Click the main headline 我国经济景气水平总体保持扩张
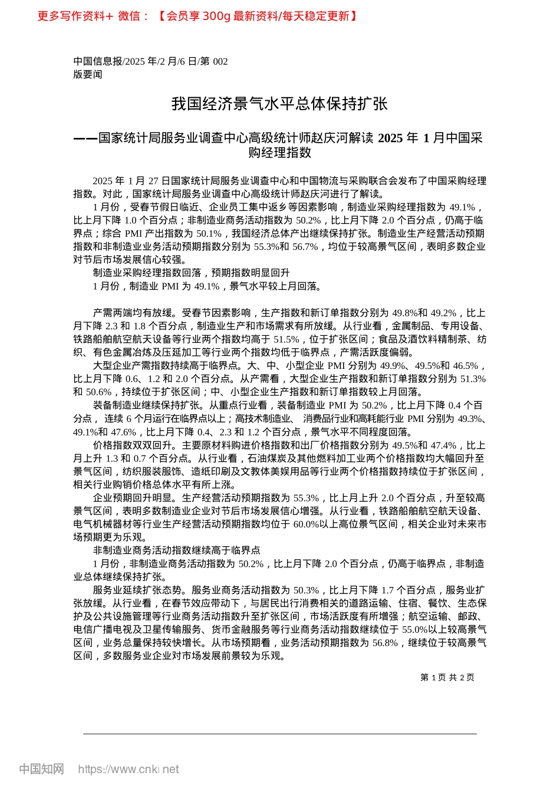tap(279, 104)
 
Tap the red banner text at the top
tap(197, 16)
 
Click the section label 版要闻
tap(88, 75)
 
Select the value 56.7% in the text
tap(305, 246)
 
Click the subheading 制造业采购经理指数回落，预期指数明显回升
tap(191, 273)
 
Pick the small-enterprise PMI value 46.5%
tap(466, 366)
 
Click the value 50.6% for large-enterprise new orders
tap(99, 392)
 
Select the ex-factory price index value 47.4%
tap(444, 445)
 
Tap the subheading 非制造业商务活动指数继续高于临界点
tap(176, 550)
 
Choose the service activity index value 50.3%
tap(306, 590)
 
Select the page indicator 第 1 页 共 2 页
tap(447, 678)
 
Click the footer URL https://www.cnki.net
tap(128, 769)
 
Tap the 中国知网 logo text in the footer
tap(41, 769)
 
